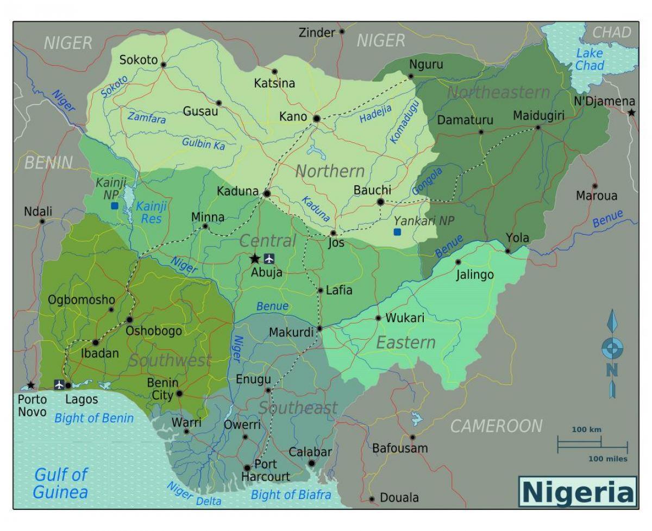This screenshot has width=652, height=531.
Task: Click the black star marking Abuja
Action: (x=254, y=259)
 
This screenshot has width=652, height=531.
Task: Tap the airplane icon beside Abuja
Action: (x=269, y=258)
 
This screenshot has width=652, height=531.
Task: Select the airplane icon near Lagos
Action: (x=59, y=385)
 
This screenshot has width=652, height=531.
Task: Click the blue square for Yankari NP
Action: (x=397, y=232)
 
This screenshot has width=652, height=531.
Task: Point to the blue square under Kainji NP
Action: (x=114, y=206)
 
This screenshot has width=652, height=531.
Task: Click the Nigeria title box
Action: (x=578, y=492)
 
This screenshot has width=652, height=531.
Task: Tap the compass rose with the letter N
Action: (x=612, y=348)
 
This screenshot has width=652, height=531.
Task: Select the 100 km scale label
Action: (x=586, y=429)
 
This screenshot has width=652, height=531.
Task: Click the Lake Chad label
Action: (x=590, y=59)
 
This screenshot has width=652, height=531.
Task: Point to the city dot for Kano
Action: (x=317, y=118)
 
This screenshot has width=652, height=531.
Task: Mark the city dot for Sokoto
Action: (x=163, y=64)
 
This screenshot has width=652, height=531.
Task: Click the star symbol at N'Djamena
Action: (x=631, y=113)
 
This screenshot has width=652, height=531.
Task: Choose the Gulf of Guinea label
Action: (x=60, y=483)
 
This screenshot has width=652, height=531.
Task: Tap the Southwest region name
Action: (x=170, y=360)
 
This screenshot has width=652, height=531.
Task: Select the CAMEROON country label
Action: (x=496, y=426)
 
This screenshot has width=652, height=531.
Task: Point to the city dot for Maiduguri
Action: (x=538, y=127)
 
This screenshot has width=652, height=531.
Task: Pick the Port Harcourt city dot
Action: (x=247, y=467)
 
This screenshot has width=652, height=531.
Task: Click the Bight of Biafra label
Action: (x=291, y=495)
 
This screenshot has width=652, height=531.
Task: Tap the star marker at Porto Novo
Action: (x=31, y=385)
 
